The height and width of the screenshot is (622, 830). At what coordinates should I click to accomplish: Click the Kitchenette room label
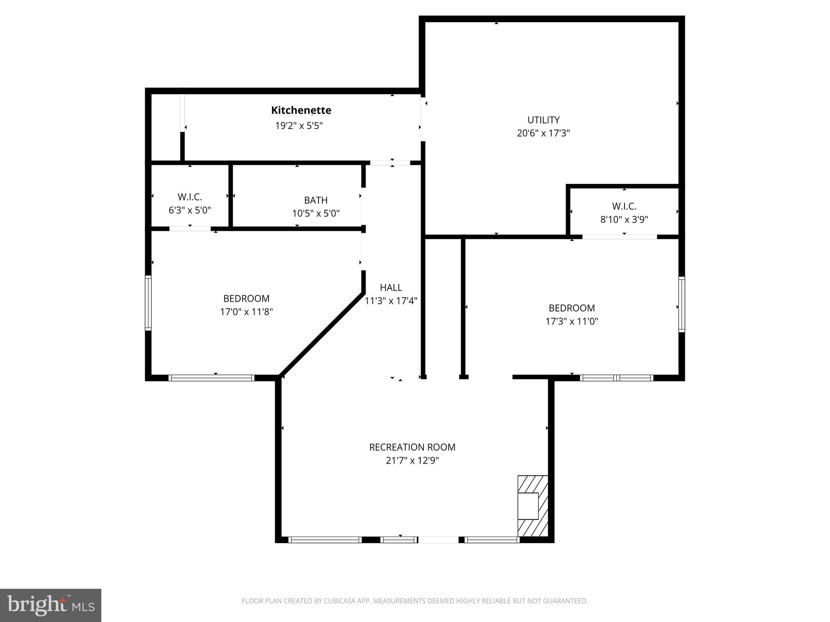point(301,110)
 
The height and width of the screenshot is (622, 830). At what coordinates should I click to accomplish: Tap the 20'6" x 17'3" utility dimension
point(543,133)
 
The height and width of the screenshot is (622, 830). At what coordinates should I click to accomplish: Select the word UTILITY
point(543,120)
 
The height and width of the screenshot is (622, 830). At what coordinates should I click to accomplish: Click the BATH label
point(316,200)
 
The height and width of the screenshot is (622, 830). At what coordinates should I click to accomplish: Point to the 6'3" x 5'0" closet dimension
point(190,210)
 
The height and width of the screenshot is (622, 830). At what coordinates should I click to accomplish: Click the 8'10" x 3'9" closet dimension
point(624,219)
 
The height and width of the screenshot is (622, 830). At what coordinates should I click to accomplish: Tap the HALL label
point(391,288)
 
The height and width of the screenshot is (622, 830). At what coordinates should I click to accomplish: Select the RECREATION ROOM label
point(412,447)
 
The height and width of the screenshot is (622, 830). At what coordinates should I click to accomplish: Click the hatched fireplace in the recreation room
point(532,506)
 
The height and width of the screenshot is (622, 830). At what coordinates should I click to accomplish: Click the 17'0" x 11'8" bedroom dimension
point(246,312)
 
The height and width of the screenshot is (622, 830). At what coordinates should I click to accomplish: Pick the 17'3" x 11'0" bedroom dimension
point(571,321)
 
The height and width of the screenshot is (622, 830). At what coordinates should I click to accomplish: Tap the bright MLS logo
point(51,605)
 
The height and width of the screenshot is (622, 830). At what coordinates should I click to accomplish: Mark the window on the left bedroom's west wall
point(148,303)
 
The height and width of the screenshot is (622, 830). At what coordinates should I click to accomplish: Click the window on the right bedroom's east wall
point(682,305)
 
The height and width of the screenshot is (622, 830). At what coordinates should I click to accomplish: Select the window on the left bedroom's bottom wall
point(211,378)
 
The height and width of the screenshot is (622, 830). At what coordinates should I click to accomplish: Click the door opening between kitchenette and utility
point(423,119)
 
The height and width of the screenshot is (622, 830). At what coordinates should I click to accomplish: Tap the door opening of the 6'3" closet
point(190,229)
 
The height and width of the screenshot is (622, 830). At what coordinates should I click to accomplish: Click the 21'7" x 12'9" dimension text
point(412,460)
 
